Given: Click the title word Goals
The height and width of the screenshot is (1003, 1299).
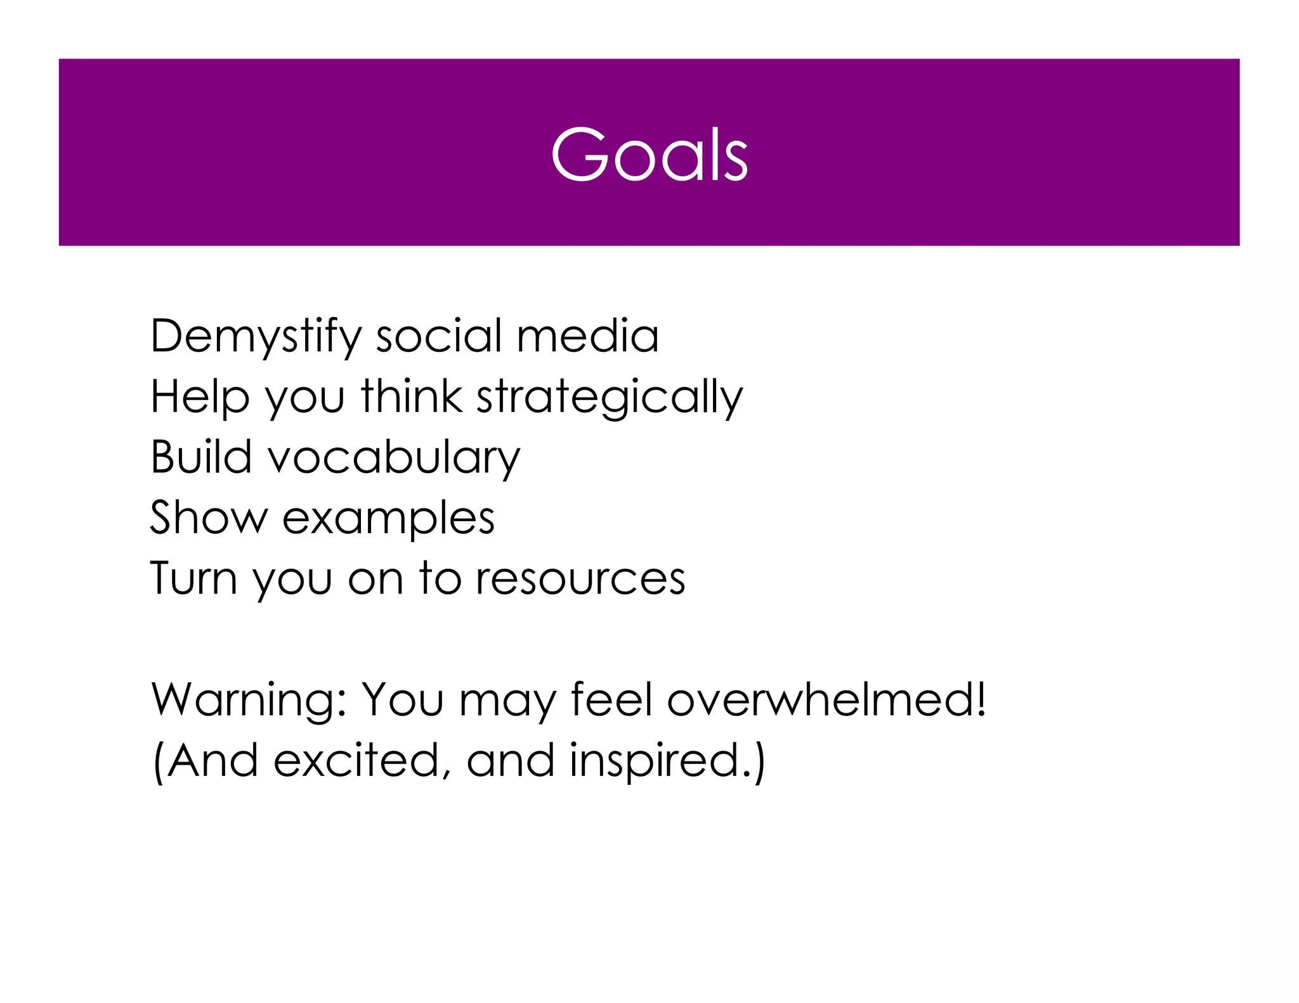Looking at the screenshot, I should click(x=649, y=154).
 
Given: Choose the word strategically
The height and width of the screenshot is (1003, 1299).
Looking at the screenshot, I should click(x=609, y=397).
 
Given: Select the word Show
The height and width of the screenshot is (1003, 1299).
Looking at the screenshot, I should click(x=209, y=516).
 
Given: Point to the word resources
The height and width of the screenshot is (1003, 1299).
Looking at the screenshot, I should click(x=580, y=578).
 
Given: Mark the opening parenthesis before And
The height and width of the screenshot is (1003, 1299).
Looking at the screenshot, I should click(x=159, y=760).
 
